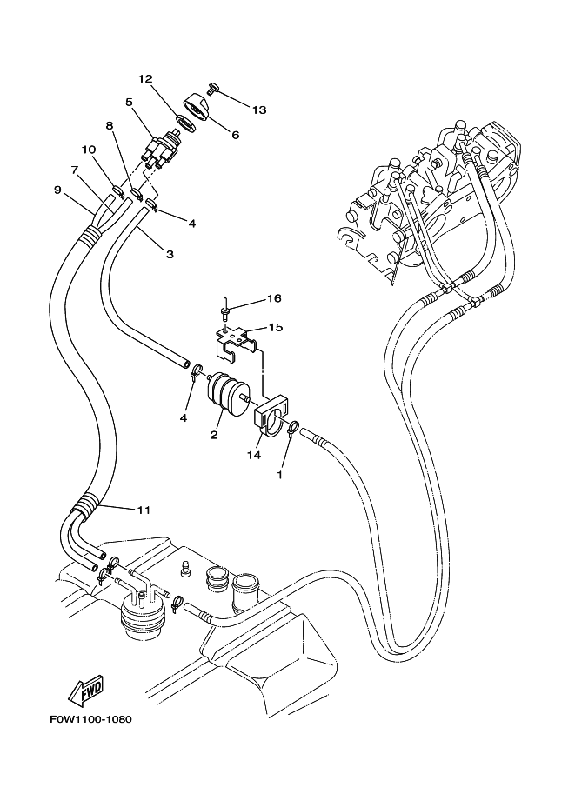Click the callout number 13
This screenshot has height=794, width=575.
(x=259, y=110)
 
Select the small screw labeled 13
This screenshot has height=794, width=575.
(x=212, y=88)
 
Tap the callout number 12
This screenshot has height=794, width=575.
(x=145, y=79)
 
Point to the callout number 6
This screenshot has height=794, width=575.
(x=235, y=135)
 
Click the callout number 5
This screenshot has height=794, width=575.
(x=130, y=103)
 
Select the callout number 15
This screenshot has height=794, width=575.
(x=276, y=327)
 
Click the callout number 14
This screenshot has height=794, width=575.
(x=254, y=455)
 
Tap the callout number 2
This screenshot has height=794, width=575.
(x=214, y=435)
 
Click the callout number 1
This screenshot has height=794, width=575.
(x=279, y=475)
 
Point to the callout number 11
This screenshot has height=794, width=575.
(x=144, y=510)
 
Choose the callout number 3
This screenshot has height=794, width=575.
(x=170, y=254)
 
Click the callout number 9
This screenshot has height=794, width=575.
(x=57, y=190)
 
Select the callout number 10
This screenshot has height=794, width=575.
(x=89, y=150)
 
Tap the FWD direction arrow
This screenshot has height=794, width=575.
(x=86, y=691)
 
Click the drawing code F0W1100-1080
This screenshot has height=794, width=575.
(x=91, y=719)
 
